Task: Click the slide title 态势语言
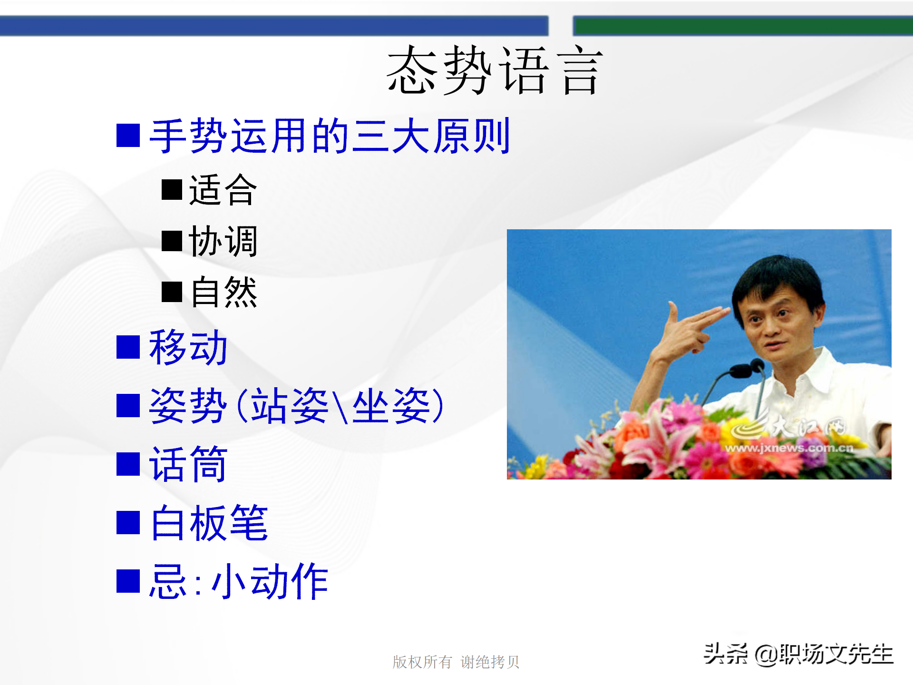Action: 495,70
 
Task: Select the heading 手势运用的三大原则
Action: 329,136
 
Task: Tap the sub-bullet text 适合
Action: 223,190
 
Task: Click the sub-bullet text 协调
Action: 223,241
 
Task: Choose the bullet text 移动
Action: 188,347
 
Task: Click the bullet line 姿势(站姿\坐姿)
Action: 296,406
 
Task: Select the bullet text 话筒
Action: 188,464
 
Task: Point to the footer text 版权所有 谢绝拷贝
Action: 456,662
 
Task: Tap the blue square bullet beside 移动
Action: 128,347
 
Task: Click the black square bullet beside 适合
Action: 172,190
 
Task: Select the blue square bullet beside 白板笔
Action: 128,523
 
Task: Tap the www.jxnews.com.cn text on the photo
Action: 789,448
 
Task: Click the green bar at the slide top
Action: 742,26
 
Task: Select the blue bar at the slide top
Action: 274,26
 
